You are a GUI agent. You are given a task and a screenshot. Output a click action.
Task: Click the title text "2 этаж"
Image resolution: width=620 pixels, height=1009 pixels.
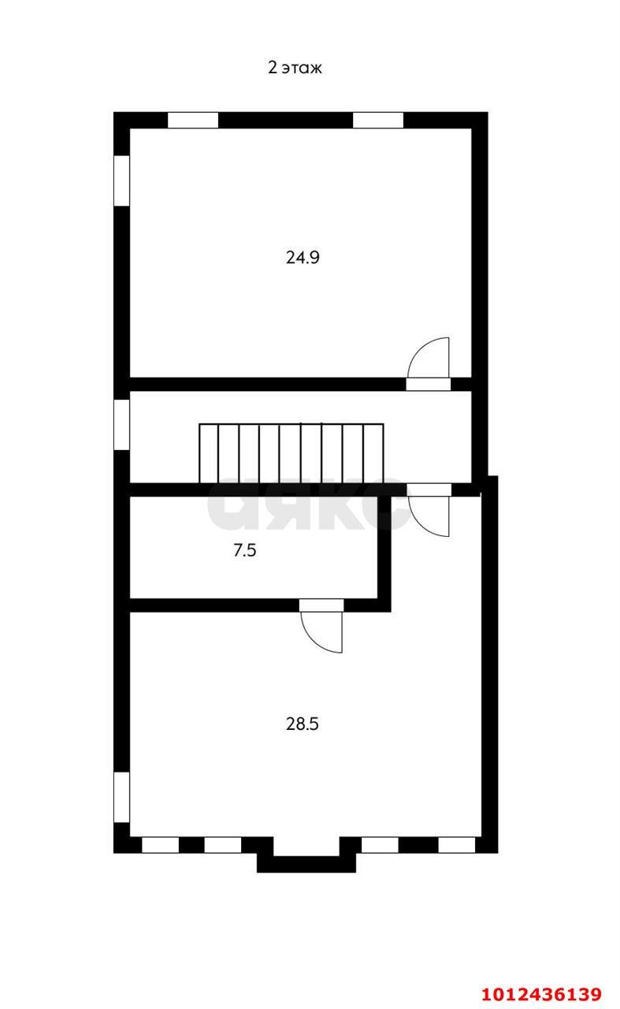(295, 68)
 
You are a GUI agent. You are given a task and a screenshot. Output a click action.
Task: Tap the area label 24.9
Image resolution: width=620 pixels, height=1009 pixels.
(302, 257)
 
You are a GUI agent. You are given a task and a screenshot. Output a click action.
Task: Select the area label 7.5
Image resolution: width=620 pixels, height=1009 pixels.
(245, 551)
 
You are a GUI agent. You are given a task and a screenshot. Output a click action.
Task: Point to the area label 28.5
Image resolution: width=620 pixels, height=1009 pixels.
(302, 724)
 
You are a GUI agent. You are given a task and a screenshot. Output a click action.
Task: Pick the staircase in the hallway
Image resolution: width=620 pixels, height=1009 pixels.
(291, 452)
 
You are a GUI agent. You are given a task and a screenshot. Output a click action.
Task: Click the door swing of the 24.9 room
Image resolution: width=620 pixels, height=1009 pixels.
(430, 359)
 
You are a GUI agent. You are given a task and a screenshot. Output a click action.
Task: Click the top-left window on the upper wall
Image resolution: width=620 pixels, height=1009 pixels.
(193, 121)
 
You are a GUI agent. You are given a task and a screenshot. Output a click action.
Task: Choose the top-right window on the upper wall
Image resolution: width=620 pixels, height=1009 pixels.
(378, 121)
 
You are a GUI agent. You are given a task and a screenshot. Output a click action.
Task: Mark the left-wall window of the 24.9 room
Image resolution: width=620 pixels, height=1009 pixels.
(121, 181)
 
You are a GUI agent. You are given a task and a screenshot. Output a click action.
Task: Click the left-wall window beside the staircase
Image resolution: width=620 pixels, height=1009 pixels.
(121, 425)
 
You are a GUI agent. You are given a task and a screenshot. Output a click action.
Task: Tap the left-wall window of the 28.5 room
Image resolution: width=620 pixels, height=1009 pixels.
(121, 797)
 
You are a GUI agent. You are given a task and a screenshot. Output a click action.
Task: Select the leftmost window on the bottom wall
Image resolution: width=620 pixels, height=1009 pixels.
(161, 845)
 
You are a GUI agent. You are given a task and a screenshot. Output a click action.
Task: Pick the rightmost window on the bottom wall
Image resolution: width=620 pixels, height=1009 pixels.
(457, 845)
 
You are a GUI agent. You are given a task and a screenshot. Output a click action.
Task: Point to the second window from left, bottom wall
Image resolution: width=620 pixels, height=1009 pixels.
(223, 845)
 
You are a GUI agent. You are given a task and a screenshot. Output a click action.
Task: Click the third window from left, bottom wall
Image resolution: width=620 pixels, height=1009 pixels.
(380, 845)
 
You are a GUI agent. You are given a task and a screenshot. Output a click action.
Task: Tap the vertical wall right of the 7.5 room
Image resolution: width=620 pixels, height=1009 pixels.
(384, 548)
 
